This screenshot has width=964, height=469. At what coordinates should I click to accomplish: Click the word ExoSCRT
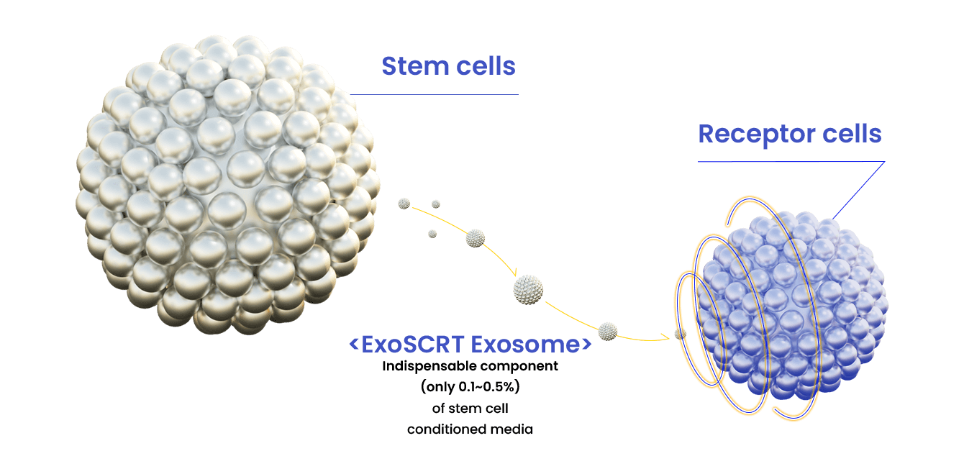click(x=414, y=345)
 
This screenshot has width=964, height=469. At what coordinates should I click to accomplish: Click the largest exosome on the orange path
click(x=529, y=289)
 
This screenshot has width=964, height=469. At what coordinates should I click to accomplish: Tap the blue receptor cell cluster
click(x=794, y=302)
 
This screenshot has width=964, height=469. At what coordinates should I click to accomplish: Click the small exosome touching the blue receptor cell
click(x=680, y=334)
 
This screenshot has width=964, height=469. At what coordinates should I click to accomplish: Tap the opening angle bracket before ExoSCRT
click(x=354, y=345)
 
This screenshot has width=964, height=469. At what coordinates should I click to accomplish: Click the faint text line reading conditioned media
click(x=470, y=430)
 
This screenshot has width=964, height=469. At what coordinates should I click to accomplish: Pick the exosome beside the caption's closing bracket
click(x=608, y=331)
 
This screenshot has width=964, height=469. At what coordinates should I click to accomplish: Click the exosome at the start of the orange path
click(x=404, y=204)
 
